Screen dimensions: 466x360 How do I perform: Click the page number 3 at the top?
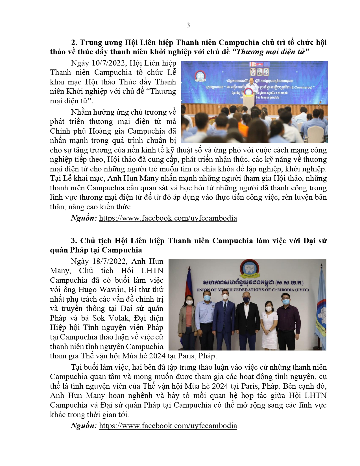188,25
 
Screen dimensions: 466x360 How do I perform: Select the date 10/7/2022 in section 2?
109,63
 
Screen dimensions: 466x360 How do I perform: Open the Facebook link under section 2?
168,218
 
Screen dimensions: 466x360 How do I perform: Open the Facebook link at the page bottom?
168,426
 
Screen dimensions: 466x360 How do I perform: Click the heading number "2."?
74,42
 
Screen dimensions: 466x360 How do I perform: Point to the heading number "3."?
74,241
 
